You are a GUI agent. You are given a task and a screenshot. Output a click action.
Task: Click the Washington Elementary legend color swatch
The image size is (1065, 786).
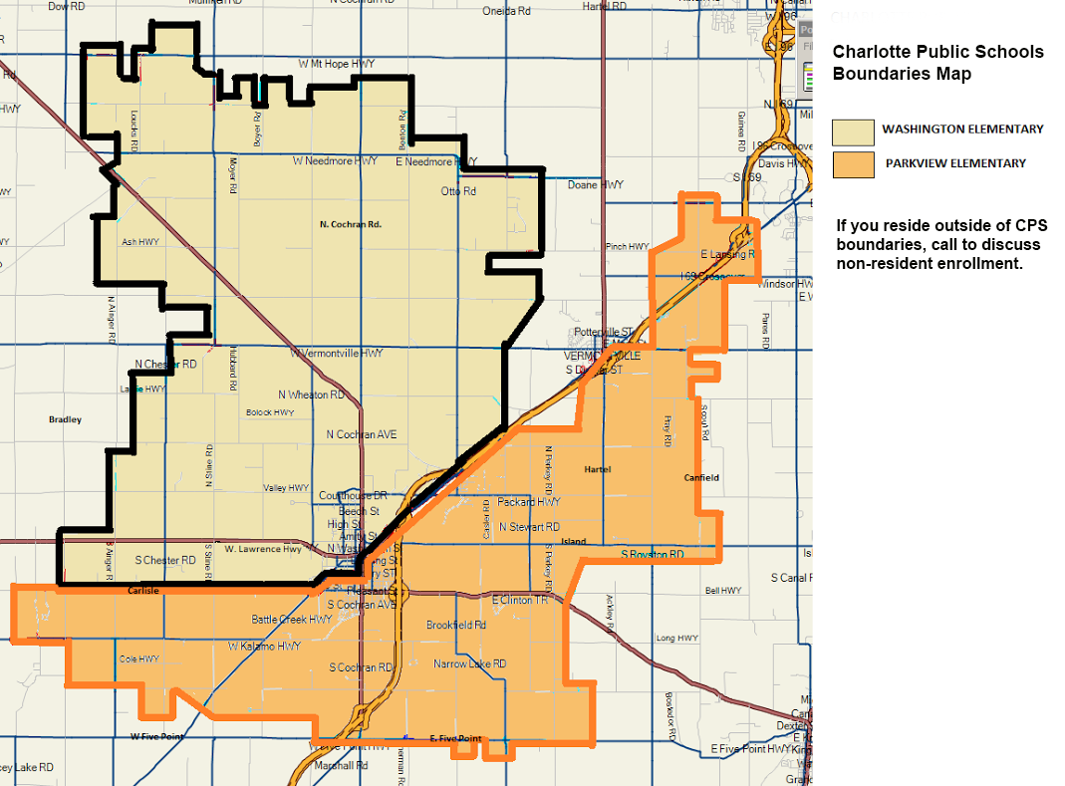tap(853, 131)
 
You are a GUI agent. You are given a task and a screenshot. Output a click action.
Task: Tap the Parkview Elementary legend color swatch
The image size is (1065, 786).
tap(853, 164)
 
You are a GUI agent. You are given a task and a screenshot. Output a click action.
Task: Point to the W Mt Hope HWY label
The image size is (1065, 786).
tap(337, 64)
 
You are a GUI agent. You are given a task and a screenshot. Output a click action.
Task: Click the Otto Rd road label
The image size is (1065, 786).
tap(458, 191)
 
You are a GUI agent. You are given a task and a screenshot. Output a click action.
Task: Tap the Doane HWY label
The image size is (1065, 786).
tap(596, 185)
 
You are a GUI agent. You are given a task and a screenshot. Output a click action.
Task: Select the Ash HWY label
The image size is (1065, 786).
tap(140, 242)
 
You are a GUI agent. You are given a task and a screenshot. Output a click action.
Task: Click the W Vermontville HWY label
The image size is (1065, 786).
tap(337, 354)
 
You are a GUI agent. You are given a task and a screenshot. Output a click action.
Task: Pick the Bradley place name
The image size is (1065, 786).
tap(65, 419)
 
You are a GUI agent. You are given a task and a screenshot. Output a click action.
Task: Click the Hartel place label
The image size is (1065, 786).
tap(598, 469)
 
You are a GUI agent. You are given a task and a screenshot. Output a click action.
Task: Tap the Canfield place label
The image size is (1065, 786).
tap(701, 478)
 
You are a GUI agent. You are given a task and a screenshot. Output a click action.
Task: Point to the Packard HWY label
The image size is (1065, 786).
tap(529, 502)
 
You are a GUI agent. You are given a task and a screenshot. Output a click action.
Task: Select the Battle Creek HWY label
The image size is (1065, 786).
tap(292, 620)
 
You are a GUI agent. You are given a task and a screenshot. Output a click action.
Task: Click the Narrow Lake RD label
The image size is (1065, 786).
tap(469, 663)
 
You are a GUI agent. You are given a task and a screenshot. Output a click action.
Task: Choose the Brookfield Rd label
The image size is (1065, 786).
tap(455, 626)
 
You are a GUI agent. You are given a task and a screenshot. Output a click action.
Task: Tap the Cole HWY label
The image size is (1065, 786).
tap(139, 658)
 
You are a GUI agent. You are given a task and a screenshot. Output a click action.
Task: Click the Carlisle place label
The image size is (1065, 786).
tap(143, 591)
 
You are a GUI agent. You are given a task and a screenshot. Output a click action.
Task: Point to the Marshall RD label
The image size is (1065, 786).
tap(341, 766)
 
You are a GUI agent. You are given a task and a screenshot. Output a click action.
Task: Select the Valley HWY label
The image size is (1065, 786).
tap(286, 488)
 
